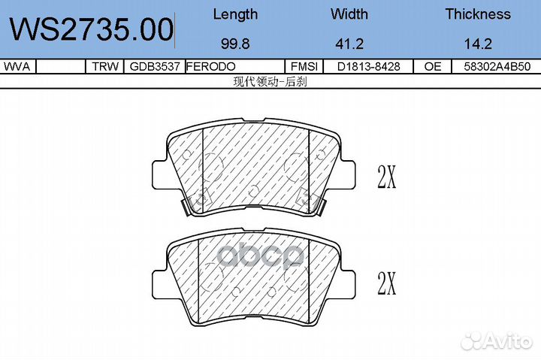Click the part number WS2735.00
[92, 29]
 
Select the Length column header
[235, 14]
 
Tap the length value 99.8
[235, 44]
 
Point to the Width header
[349, 14]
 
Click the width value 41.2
[349, 44]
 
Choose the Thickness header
[478, 14]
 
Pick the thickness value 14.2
[478, 44]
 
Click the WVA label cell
[17, 66]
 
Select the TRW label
[105, 66]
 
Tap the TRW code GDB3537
[155, 66]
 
